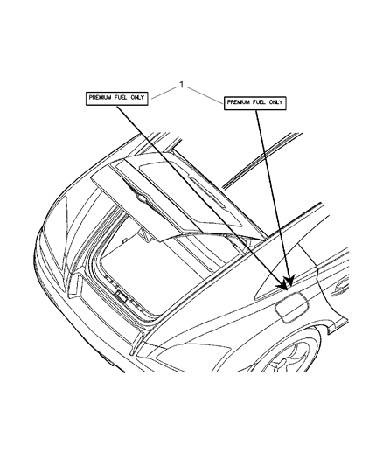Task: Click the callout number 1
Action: pos(181,85)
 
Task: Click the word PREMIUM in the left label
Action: pos(101,97)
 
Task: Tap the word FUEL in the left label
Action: pos(121,97)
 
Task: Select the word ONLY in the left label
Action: pos(137,97)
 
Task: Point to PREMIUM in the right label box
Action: pos(239,102)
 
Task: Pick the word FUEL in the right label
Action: pos(259,102)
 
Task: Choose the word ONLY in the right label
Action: pos(275,102)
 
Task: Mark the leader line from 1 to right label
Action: pos(205,95)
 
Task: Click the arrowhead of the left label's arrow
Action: pos(283,286)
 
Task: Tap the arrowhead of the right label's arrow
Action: pos(289,281)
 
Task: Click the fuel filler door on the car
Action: pos(290,308)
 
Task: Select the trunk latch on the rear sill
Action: pos(121,296)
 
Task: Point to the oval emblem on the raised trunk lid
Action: pos(142,198)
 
